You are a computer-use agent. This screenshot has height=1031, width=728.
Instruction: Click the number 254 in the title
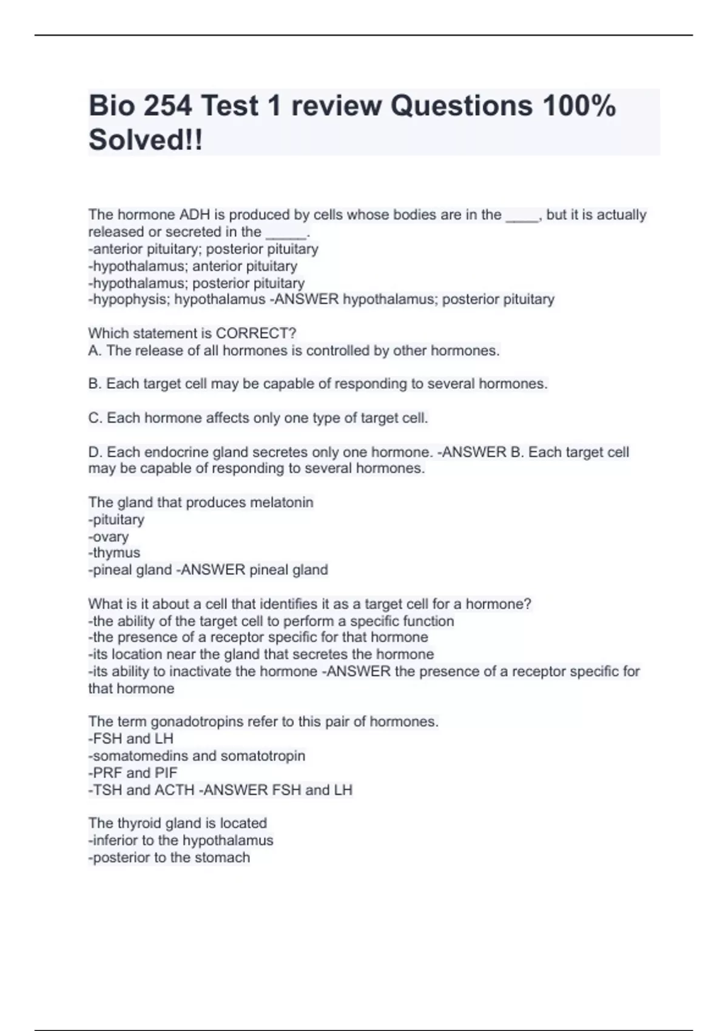pos(166,106)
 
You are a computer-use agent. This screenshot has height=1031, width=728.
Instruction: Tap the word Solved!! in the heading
pos(146,140)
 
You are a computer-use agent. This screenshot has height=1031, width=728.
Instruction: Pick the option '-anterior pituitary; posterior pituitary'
pos(203,249)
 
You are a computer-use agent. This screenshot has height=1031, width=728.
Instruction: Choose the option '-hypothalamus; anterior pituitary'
pos(193,266)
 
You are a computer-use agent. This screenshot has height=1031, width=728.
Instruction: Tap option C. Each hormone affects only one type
pos(258,418)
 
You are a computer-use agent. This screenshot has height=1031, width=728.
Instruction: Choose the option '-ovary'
pos(109,537)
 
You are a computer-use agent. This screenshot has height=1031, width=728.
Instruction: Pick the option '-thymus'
pos(114,552)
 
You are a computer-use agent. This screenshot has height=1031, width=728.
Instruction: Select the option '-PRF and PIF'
pos(133,773)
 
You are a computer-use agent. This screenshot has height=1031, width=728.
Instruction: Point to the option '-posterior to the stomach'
pos(169,858)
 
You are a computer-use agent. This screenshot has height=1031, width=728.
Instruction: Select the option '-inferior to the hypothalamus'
pos(181,841)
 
